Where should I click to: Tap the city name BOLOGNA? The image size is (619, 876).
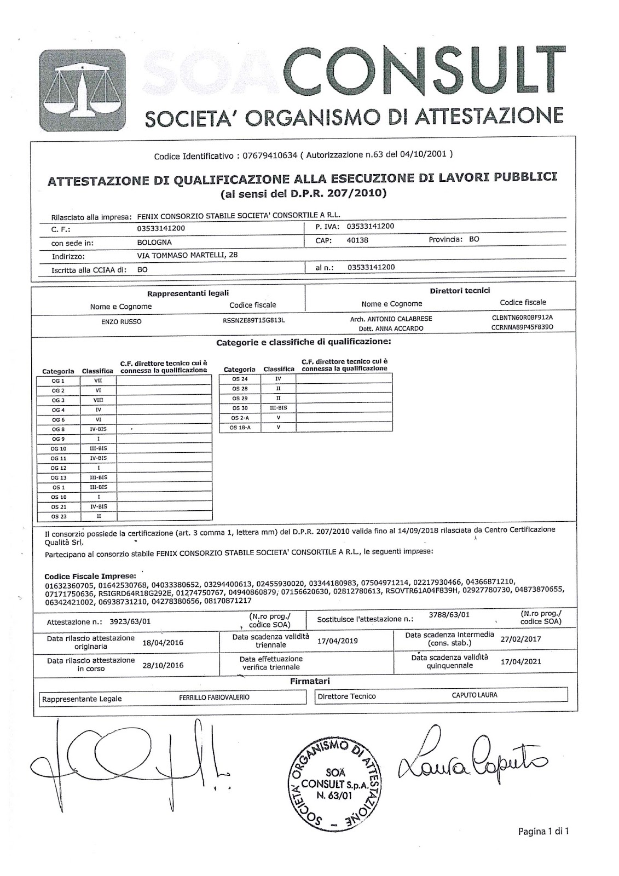[x=154, y=242]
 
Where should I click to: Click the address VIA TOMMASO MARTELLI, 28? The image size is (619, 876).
[x=187, y=255]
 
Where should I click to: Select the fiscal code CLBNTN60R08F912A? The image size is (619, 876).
[x=523, y=316]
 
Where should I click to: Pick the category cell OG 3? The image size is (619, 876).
[x=58, y=400]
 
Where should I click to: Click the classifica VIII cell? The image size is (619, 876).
[x=98, y=400]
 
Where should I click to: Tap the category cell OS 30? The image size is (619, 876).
[x=240, y=408]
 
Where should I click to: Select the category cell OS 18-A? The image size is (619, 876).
[x=240, y=428]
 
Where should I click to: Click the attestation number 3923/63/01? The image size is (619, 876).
[x=130, y=621]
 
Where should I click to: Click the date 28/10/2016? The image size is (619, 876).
[x=163, y=665]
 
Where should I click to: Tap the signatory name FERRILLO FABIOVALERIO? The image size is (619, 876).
[x=214, y=697]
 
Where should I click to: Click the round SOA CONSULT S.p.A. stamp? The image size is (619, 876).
[x=335, y=783]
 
